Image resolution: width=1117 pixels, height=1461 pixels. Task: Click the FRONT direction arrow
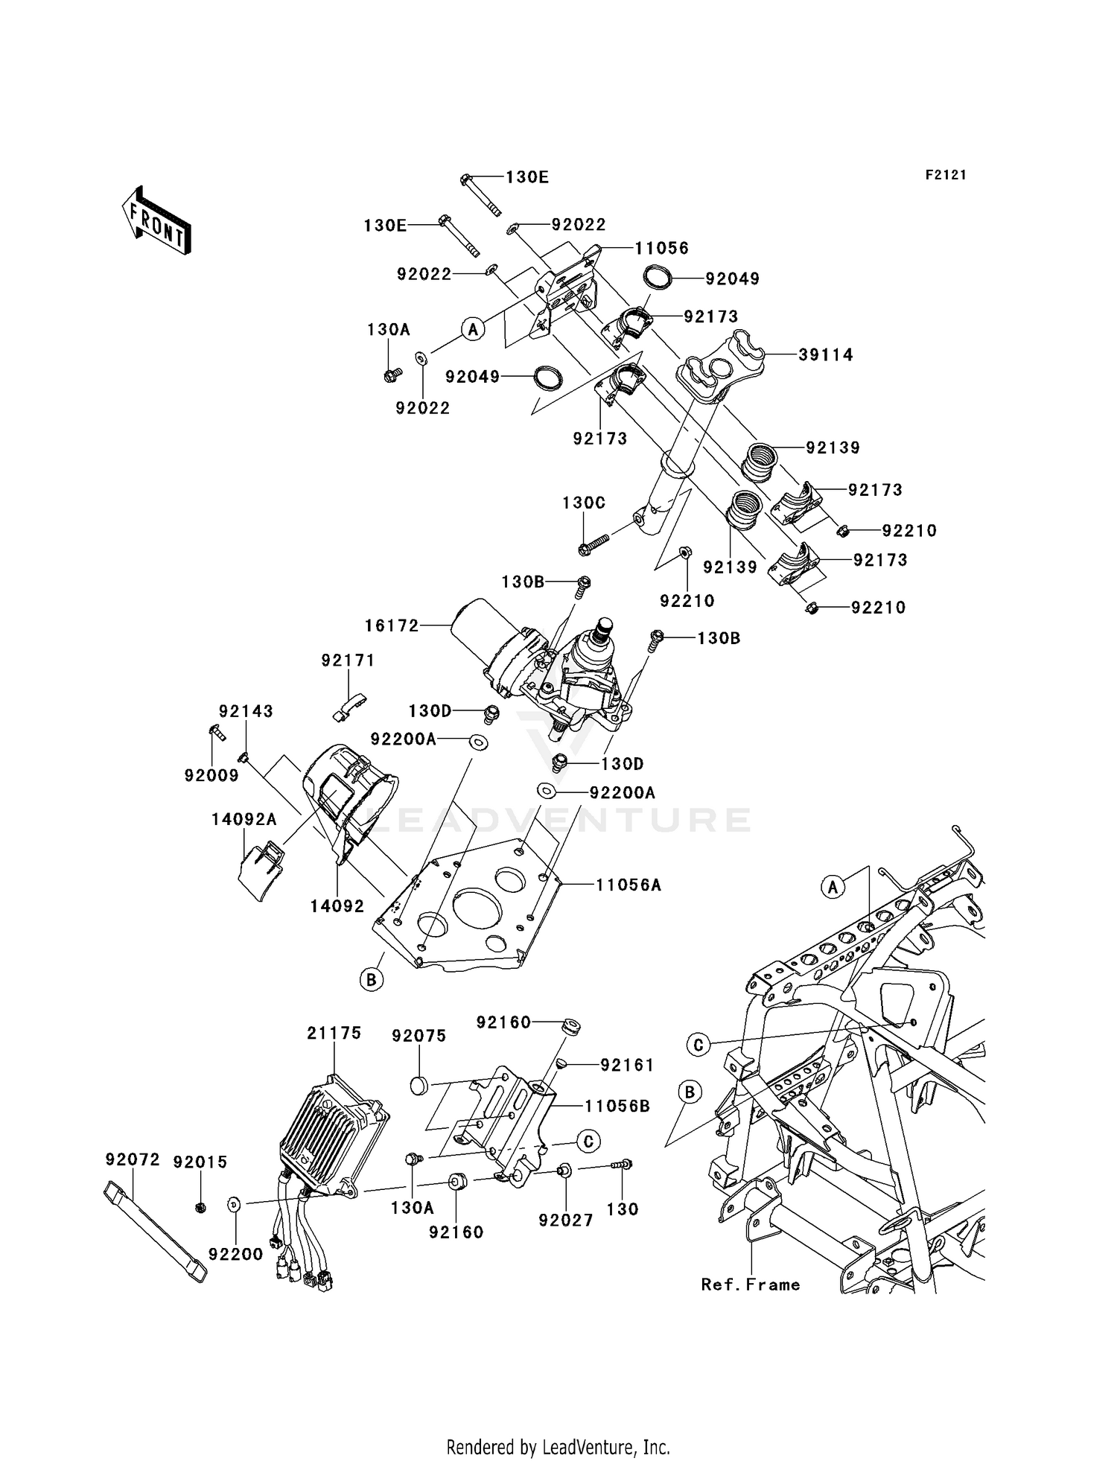click(157, 220)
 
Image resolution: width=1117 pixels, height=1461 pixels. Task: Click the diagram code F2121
click(946, 175)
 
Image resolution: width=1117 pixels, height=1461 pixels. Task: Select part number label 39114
click(826, 355)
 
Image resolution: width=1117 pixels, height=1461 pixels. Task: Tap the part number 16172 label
click(392, 626)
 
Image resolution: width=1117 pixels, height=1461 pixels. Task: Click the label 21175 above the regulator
click(334, 1033)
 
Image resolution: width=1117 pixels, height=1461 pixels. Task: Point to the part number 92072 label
click(133, 1159)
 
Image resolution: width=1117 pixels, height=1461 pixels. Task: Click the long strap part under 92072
click(155, 1230)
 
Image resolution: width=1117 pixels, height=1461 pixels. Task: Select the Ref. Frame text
click(751, 1285)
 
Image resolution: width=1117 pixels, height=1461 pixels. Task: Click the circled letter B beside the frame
click(690, 1092)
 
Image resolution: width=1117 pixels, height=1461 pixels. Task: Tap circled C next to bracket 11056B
click(588, 1140)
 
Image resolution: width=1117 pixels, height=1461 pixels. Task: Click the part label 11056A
click(628, 885)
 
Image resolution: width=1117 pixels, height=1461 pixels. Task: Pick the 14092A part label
click(244, 819)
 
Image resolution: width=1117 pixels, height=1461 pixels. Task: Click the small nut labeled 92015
click(200, 1206)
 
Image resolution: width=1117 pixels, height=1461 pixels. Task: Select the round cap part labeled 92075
click(420, 1085)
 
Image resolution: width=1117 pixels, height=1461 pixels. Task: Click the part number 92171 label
click(348, 661)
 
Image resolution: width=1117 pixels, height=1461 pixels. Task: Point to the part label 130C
click(584, 503)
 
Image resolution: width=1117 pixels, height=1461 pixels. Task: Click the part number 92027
click(566, 1220)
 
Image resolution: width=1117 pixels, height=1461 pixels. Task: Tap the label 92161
click(627, 1066)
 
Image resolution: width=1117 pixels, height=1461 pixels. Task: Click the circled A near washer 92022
click(473, 328)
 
